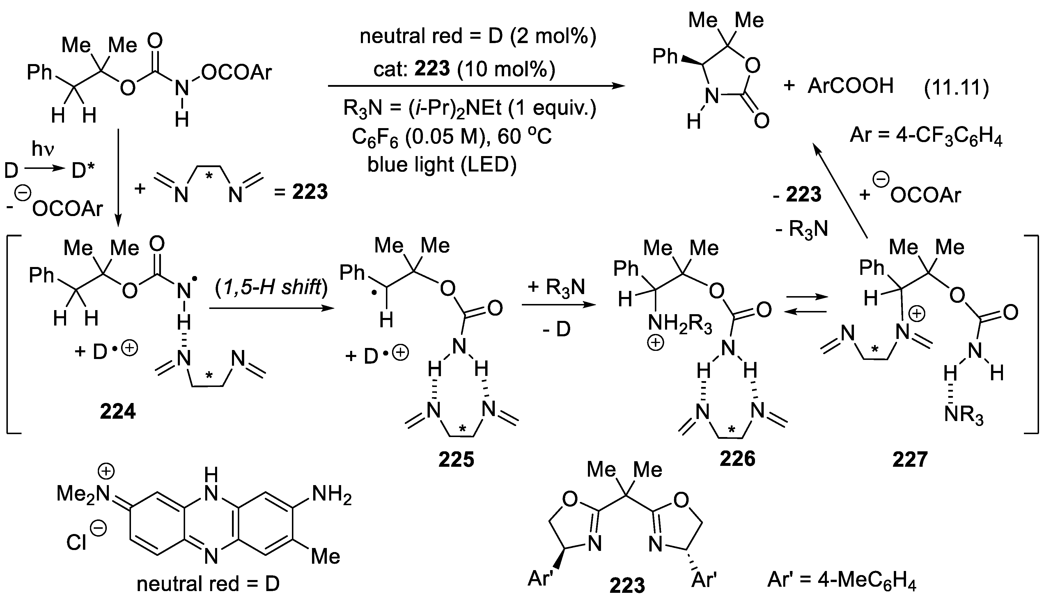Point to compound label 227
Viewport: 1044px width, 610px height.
tap(910, 459)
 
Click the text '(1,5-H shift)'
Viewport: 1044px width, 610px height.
tap(271, 286)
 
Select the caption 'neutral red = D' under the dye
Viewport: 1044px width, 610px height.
tap(208, 584)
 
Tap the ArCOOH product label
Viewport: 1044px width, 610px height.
tap(850, 86)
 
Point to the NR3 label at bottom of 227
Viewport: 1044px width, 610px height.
tap(963, 414)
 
